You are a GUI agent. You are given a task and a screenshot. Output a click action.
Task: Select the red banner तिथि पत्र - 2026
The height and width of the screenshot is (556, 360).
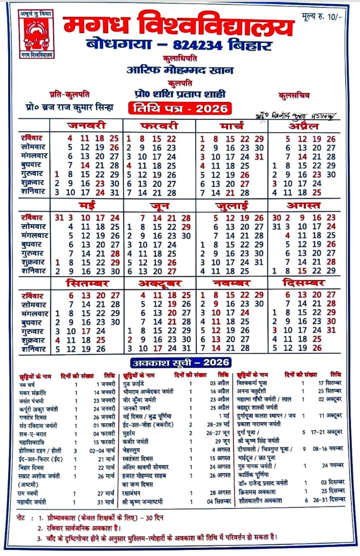click(x=180, y=108)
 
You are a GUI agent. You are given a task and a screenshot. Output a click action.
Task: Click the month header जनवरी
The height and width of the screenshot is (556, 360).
click(x=86, y=126)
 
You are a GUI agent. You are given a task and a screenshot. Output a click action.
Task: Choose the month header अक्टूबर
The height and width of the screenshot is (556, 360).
click(x=159, y=283)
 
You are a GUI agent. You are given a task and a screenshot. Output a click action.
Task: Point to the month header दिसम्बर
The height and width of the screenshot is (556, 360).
click(x=304, y=283)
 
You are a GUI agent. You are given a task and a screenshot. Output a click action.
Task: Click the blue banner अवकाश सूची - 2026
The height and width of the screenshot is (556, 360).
click(x=180, y=362)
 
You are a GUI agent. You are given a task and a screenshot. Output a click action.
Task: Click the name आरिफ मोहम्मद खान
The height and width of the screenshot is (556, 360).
click(x=180, y=70)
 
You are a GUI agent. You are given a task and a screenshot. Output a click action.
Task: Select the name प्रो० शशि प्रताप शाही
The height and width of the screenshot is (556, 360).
click(x=180, y=93)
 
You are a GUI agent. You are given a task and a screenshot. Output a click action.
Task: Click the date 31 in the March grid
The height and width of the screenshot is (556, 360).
click(x=259, y=156)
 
